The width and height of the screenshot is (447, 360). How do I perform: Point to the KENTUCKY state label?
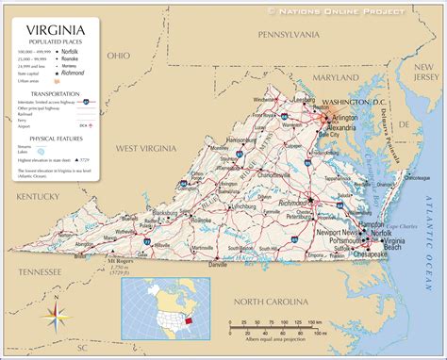[39, 195]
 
